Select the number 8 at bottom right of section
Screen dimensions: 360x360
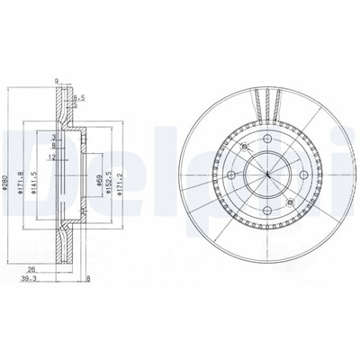click(89, 278)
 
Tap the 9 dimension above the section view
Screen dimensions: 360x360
click(56, 81)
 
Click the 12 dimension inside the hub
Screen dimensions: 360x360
click(53, 158)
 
